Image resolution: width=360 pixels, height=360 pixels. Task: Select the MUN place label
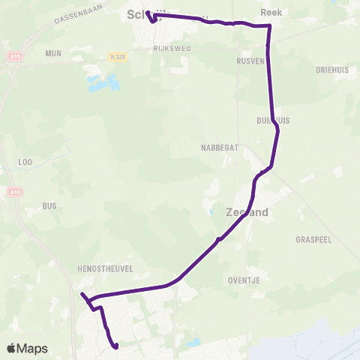click(x=53, y=53)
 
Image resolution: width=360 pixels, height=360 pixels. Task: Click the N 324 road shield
click(x=116, y=56)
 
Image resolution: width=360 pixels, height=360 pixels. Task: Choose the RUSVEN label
click(x=250, y=61)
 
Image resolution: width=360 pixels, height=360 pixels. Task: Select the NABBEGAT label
click(x=221, y=148)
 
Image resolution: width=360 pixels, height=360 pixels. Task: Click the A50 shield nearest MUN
click(x=15, y=56)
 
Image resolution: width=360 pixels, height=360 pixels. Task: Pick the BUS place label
click(x=49, y=205)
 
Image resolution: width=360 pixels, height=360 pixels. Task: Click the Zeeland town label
click(x=247, y=213)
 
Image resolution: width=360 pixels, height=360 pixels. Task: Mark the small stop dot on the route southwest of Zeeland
click(x=218, y=240)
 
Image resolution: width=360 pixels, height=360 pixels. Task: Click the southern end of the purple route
click(x=116, y=346)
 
